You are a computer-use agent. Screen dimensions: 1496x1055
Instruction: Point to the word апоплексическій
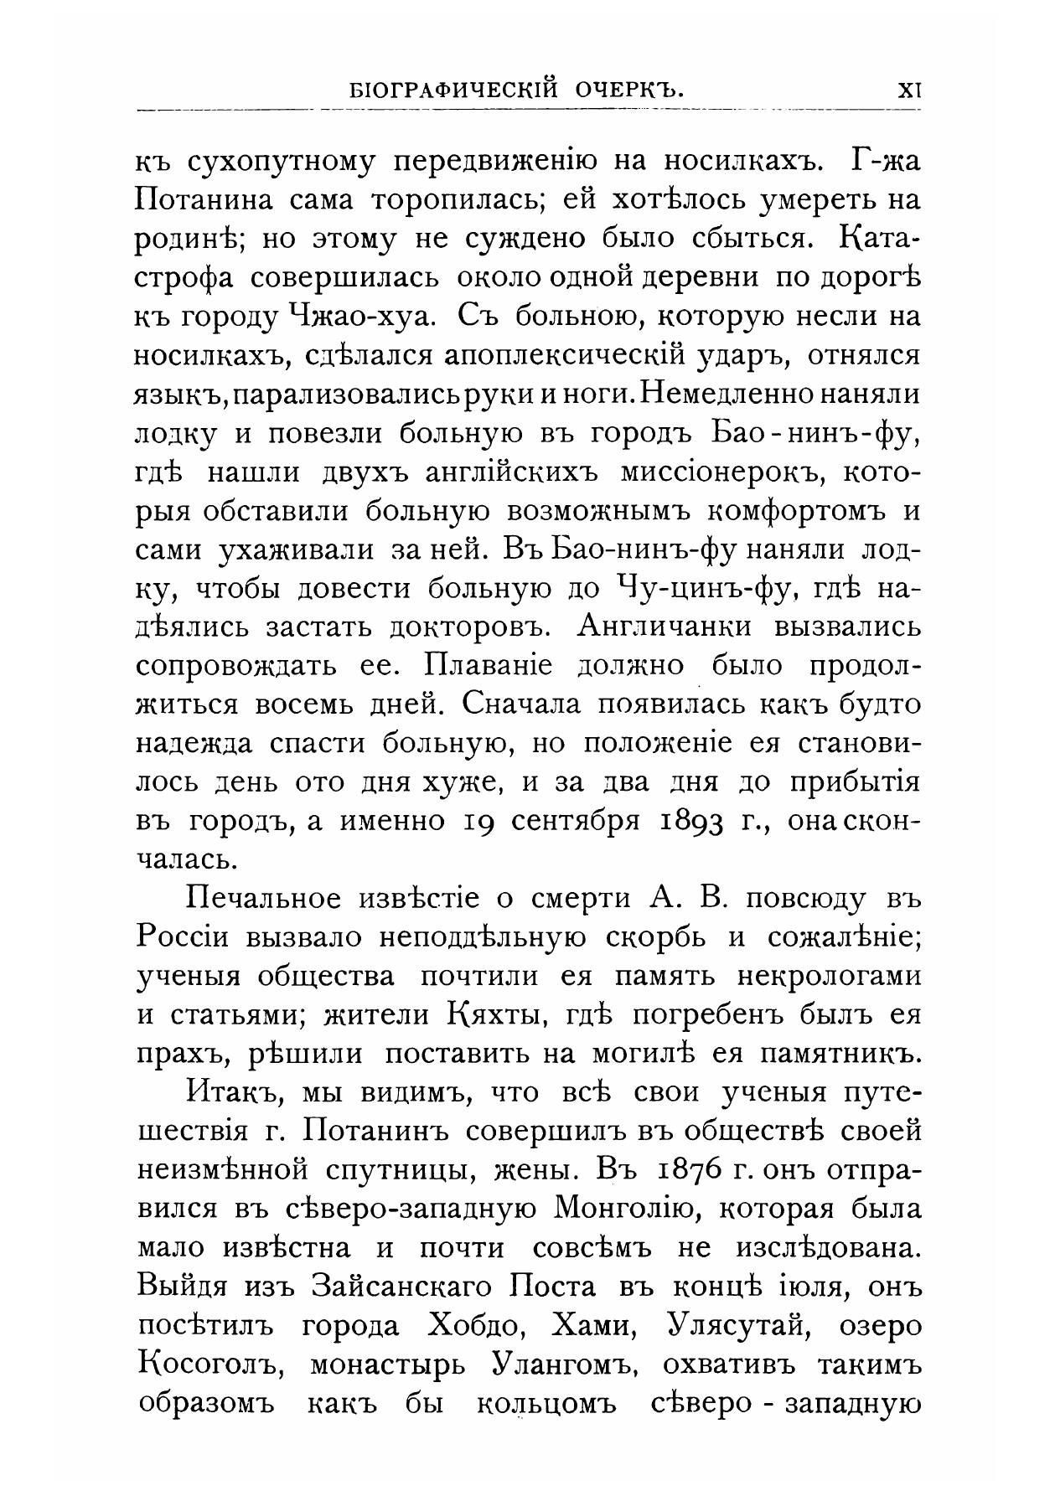click(x=569, y=356)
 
